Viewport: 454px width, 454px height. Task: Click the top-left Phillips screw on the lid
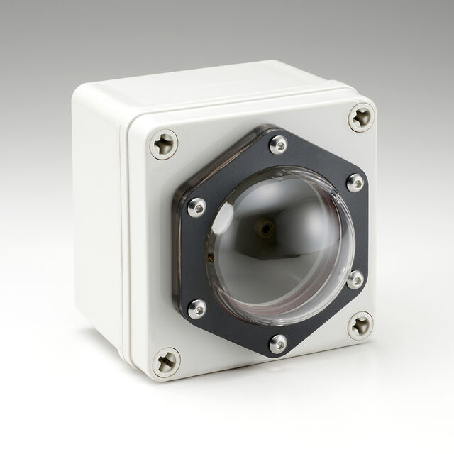click(x=164, y=144)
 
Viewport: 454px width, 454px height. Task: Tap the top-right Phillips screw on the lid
click(x=361, y=117)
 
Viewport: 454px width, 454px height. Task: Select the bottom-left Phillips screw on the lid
click(x=167, y=362)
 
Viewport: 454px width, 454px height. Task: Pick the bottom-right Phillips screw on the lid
click(x=360, y=326)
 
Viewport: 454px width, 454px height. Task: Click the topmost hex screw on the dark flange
click(x=279, y=144)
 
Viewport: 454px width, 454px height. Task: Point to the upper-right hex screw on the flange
click(x=355, y=182)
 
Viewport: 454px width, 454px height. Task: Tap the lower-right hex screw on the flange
click(x=355, y=279)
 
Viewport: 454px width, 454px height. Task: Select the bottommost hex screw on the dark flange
click(x=278, y=344)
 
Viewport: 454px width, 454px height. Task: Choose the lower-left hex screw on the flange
click(x=197, y=309)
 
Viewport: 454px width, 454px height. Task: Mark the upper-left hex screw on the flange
click(x=196, y=207)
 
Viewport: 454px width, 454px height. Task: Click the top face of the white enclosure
click(x=213, y=85)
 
